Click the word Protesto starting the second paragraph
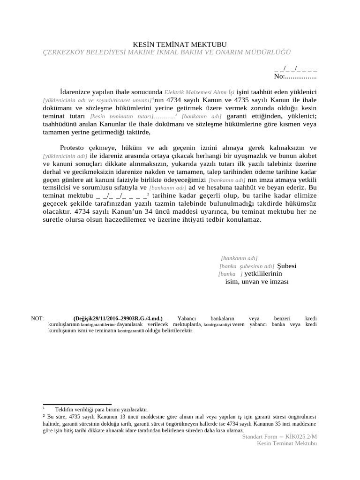click(75, 148)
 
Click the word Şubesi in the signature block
click(287, 266)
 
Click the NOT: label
click(37, 318)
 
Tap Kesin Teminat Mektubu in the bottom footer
click(287, 443)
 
